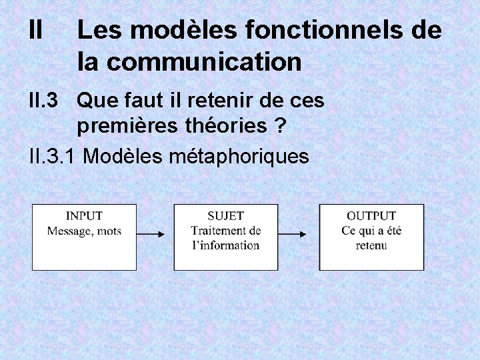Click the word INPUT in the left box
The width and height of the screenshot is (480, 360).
pos(84,216)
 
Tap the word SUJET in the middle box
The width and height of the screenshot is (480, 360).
pos(225,216)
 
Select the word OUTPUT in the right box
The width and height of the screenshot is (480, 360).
pos(371,216)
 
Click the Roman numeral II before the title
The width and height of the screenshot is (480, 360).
pos(37,30)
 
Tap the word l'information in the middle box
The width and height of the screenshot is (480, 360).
pos(225,245)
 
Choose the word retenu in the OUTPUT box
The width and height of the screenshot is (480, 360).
pos(371,245)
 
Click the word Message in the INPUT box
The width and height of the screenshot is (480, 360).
pos(69,231)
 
